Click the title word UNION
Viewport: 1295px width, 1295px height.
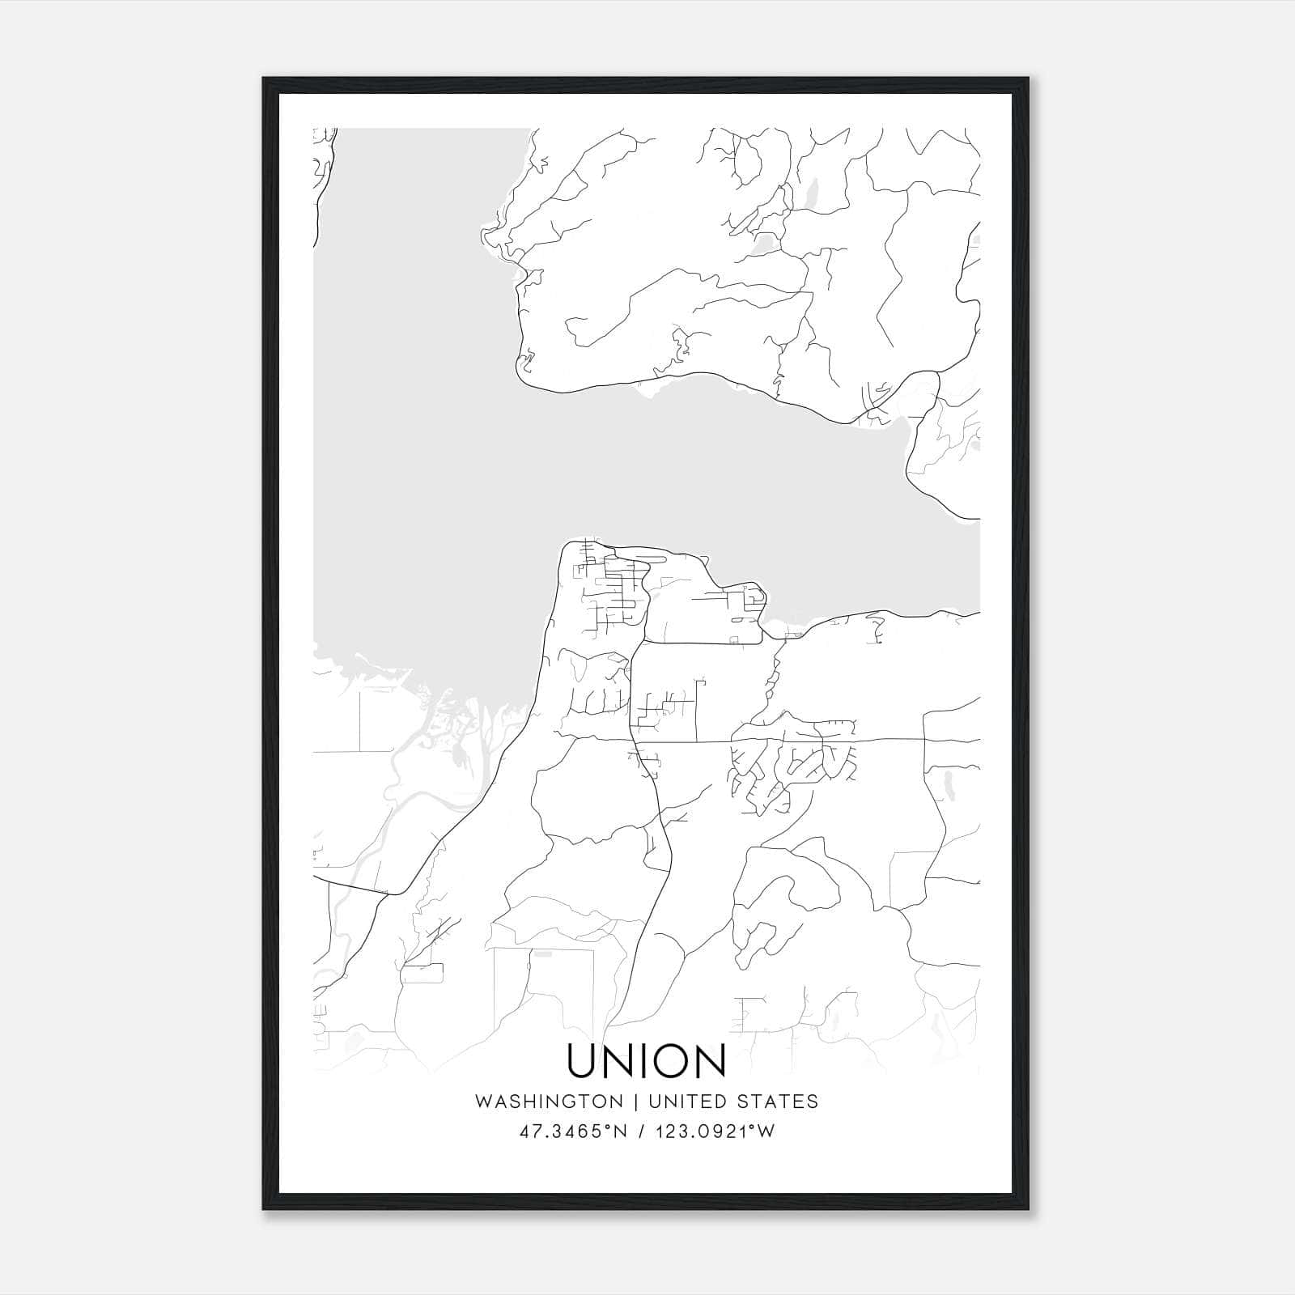point(646,1061)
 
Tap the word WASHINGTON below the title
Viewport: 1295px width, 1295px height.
point(549,1102)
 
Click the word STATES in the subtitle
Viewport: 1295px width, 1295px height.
point(778,1102)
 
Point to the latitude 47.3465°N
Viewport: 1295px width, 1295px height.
point(574,1132)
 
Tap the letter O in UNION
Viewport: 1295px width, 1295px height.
point(669,1061)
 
